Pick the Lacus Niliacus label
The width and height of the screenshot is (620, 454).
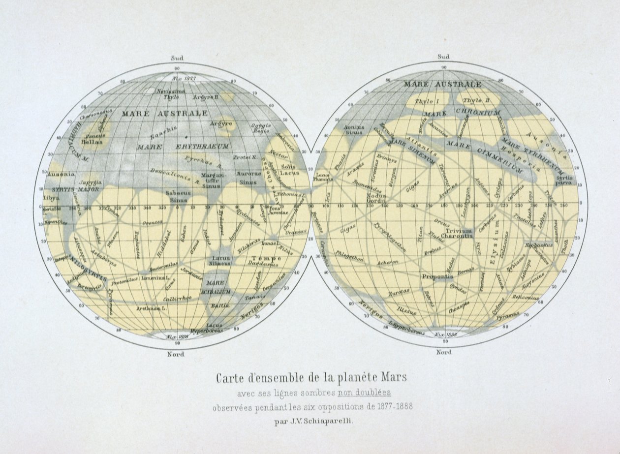tap(221, 261)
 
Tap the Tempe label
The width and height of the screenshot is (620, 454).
tap(266, 258)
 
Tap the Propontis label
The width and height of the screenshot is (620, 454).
tap(437, 276)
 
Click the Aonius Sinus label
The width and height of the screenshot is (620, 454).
tap(354, 129)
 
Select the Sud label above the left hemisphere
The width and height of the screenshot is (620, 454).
tap(177, 58)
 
